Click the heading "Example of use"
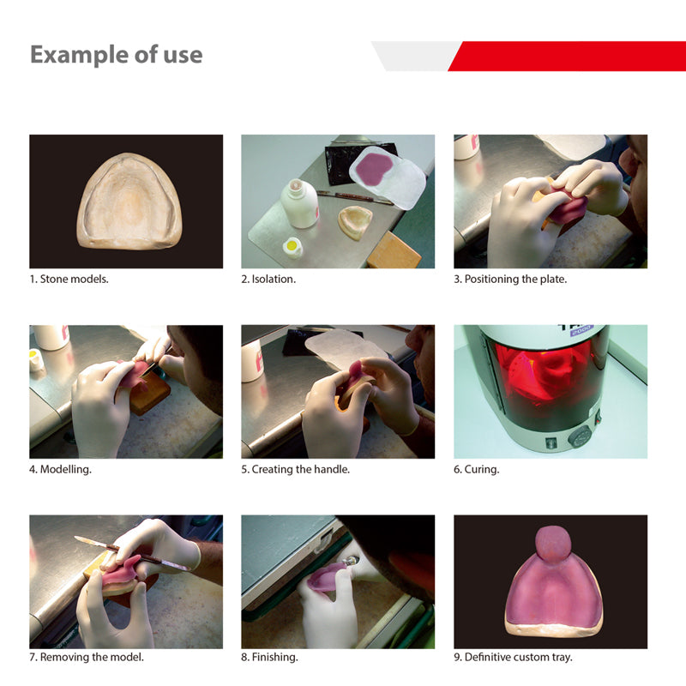117,55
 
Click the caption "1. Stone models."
69,280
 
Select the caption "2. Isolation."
268,280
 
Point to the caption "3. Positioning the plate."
510,280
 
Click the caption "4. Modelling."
61,469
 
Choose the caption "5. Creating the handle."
296,469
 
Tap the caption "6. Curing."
477,469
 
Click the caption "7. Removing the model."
87,658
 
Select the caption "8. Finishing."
269,658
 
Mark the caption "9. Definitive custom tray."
513,658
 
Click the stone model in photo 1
129,202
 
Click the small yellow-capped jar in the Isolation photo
293,246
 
